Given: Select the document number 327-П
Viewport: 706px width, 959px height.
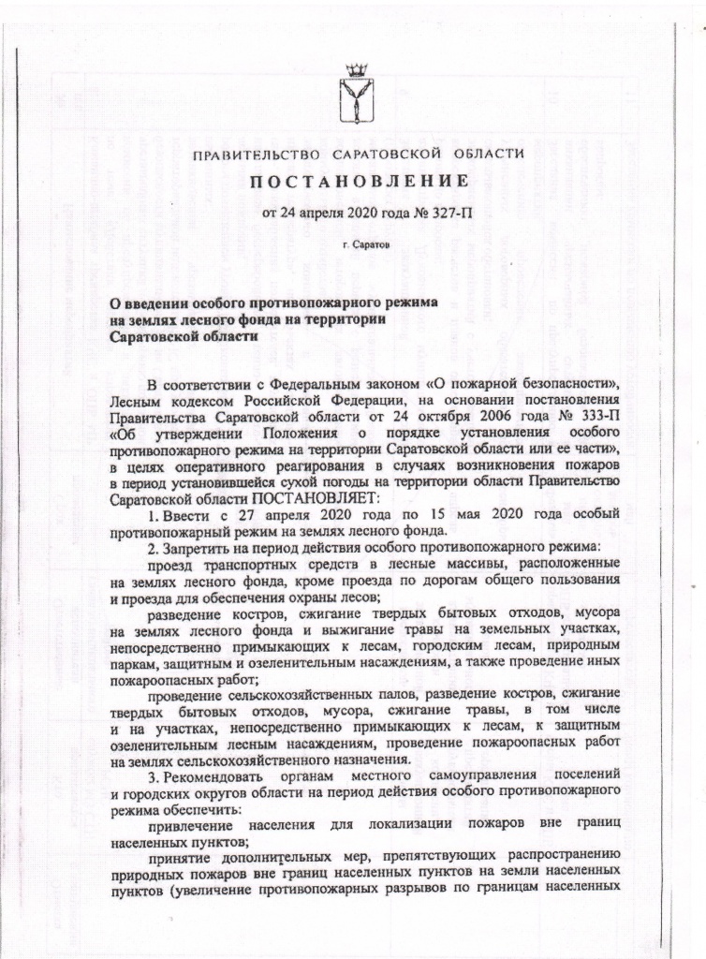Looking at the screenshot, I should click(x=450, y=214).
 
